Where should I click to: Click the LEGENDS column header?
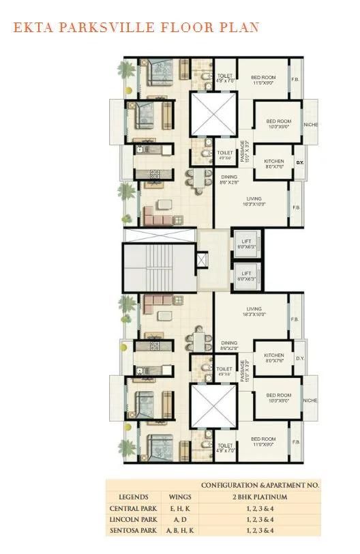[133, 497]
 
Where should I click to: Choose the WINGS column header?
[175, 497]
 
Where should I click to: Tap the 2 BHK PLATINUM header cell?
[260, 497]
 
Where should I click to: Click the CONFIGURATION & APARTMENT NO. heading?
[260, 484]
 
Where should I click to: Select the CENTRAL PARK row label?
[133, 508]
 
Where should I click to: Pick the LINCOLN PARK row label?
[133, 519]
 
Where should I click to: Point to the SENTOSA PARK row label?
[133, 530]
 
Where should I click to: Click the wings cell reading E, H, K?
[175, 508]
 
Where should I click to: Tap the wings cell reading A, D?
[175, 519]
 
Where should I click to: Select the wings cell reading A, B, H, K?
[175, 530]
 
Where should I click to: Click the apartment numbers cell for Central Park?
[260, 508]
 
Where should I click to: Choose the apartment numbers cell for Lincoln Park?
[260, 519]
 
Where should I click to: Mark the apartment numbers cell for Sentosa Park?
[260, 530]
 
